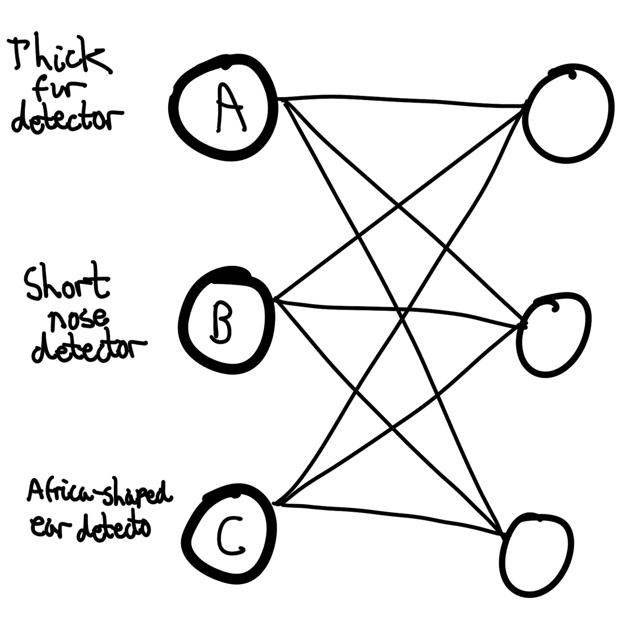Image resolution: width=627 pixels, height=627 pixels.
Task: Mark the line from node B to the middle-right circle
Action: pyautogui.click(x=400, y=310)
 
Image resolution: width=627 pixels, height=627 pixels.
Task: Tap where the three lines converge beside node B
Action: pyautogui.click(x=276, y=299)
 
